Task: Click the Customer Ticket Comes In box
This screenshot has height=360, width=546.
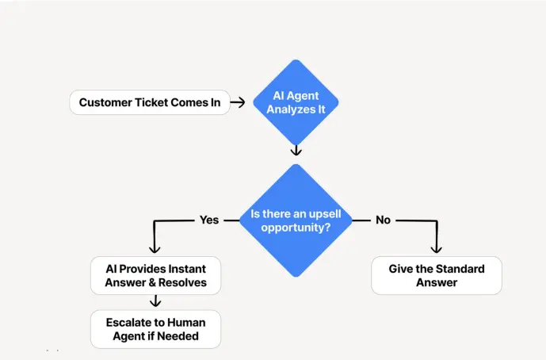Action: point(149,102)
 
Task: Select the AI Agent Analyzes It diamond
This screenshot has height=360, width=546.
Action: point(296,102)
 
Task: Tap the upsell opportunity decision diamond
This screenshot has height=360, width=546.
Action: point(296,220)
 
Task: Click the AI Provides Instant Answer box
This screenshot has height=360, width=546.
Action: point(155,275)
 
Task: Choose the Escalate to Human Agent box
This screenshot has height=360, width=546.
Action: point(155,329)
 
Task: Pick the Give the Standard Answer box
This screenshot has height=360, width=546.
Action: point(437,275)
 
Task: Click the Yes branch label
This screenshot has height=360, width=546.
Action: point(209,220)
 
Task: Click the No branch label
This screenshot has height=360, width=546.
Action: point(383,220)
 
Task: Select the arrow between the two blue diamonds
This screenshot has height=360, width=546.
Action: point(296,150)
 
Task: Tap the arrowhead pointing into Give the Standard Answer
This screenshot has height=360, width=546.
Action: point(436,247)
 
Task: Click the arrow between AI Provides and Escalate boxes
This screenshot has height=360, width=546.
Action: point(155,301)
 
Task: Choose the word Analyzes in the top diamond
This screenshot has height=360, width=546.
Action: point(289,109)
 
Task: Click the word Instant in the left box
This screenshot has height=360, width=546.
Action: point(189,268)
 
